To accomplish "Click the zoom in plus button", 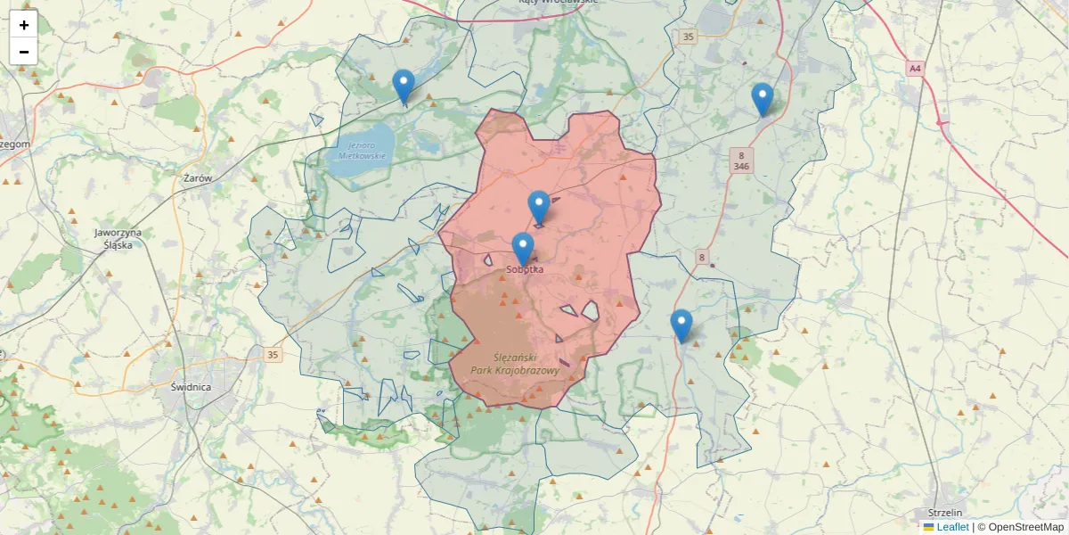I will [x=24, y=25].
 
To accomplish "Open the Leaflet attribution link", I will [x=951, y=527].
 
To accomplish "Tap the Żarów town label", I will [x=198, y=178].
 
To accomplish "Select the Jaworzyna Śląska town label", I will [x=118, y=238].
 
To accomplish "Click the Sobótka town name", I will [x=525, y=268].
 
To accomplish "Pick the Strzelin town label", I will [x=945, y=513].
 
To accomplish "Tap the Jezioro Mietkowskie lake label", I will [x=363, y=150].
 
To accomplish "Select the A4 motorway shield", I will [x=915, y=68].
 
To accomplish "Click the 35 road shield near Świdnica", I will [x=273, y=355].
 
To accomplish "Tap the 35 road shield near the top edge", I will [x=686, y=37].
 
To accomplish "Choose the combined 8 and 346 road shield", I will [x=741, y=160].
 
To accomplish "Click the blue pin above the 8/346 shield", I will [x=762, y=99].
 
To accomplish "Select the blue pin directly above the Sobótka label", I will [x=523, y=249].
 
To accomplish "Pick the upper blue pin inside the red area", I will [x=539, y=207].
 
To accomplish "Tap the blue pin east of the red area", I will [x=681, y=325].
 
